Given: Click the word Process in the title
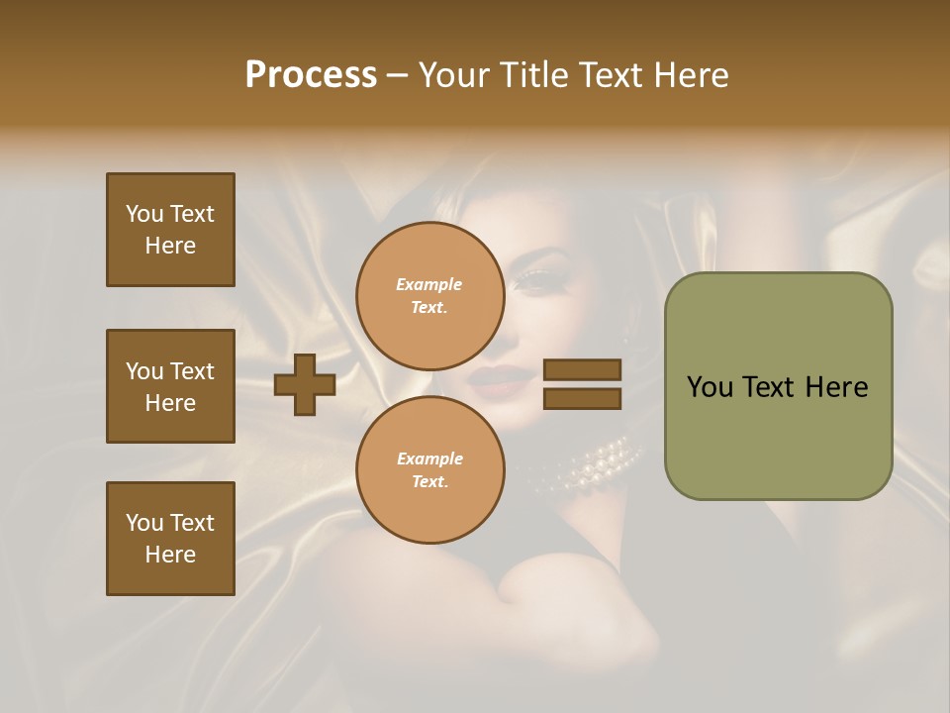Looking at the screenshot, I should coord(311,75).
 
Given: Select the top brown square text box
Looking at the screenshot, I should coord(170,230).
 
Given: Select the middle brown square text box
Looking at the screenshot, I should coord(170,386).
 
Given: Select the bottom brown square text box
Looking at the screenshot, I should coord(170,539).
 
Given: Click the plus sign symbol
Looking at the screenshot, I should coord(305,384).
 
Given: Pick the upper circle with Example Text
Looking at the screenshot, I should coord(429,296).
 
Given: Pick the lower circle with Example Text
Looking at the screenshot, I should coord(429,470).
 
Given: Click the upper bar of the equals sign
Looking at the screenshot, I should coord(582,369).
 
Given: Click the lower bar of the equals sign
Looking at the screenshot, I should coord(582,399).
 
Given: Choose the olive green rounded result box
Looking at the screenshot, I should coord(778,386).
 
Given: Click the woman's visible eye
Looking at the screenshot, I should coord(534,280).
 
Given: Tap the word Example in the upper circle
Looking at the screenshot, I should coord(429,285).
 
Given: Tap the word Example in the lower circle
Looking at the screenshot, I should coord(429,459).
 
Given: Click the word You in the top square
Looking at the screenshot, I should coord(144,214).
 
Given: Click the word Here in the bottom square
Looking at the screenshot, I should coord(170,555).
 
